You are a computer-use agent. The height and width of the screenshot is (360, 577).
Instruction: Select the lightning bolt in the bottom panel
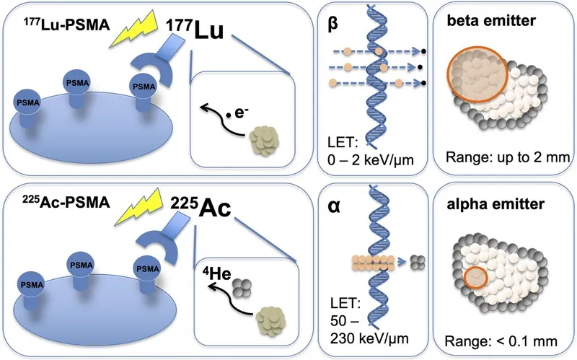[136, 214]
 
